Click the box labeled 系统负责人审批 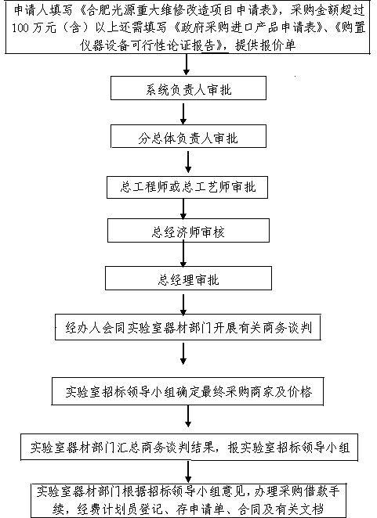pyautogui.click(x=188, y=88)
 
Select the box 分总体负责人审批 pyautogui.click(x=188, y=136)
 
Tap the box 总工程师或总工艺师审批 pyautogui.click(x=187, y=187)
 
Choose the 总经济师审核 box pyautogui.click(x=188, y=230)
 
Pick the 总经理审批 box pyautogui.click(x=188, y=278)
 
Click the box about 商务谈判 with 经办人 pyautogui.click(x=188, y=327)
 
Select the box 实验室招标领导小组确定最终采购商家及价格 pyautogui.click(x=187, y=391)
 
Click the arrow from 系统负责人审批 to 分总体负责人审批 pyautogui.click(x=183, y=114)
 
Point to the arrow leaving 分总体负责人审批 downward pyautogui.click(x=188, y=162)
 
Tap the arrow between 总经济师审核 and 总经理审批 pyautogui.click(x=183, y=254)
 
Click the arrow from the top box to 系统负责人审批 pyautogui.click(x=187, y=65)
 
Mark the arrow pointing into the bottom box pyautogui.click(x=188, y=472)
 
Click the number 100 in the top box pyautogui.click(x=20, y=27)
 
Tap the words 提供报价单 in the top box pyautogui.click(x=266, y=45)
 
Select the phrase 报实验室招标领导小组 pyautogui.click(x=288, y=448)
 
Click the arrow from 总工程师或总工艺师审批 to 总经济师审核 pyautogui.click(x=183, y=209)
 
